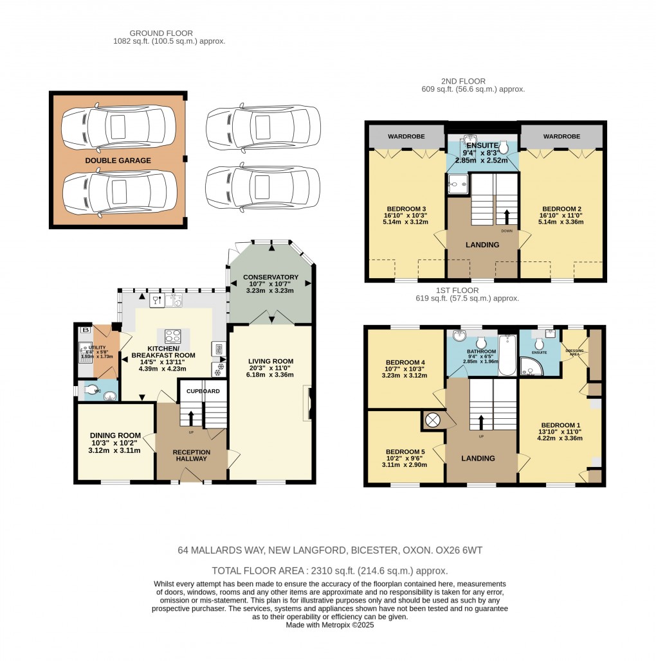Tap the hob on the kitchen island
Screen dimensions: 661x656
point(173,335)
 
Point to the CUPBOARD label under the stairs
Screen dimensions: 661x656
point(203,391)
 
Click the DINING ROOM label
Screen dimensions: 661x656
point(115,435)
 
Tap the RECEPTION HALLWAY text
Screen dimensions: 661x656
point(191,455)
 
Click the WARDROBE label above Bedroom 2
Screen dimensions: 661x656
point(561,136)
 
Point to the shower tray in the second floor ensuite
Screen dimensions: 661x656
point(460,184)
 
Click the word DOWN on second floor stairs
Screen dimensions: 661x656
point(507,230)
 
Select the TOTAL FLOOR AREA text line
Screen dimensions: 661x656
point(329,570)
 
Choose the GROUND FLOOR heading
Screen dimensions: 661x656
point(161,33)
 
